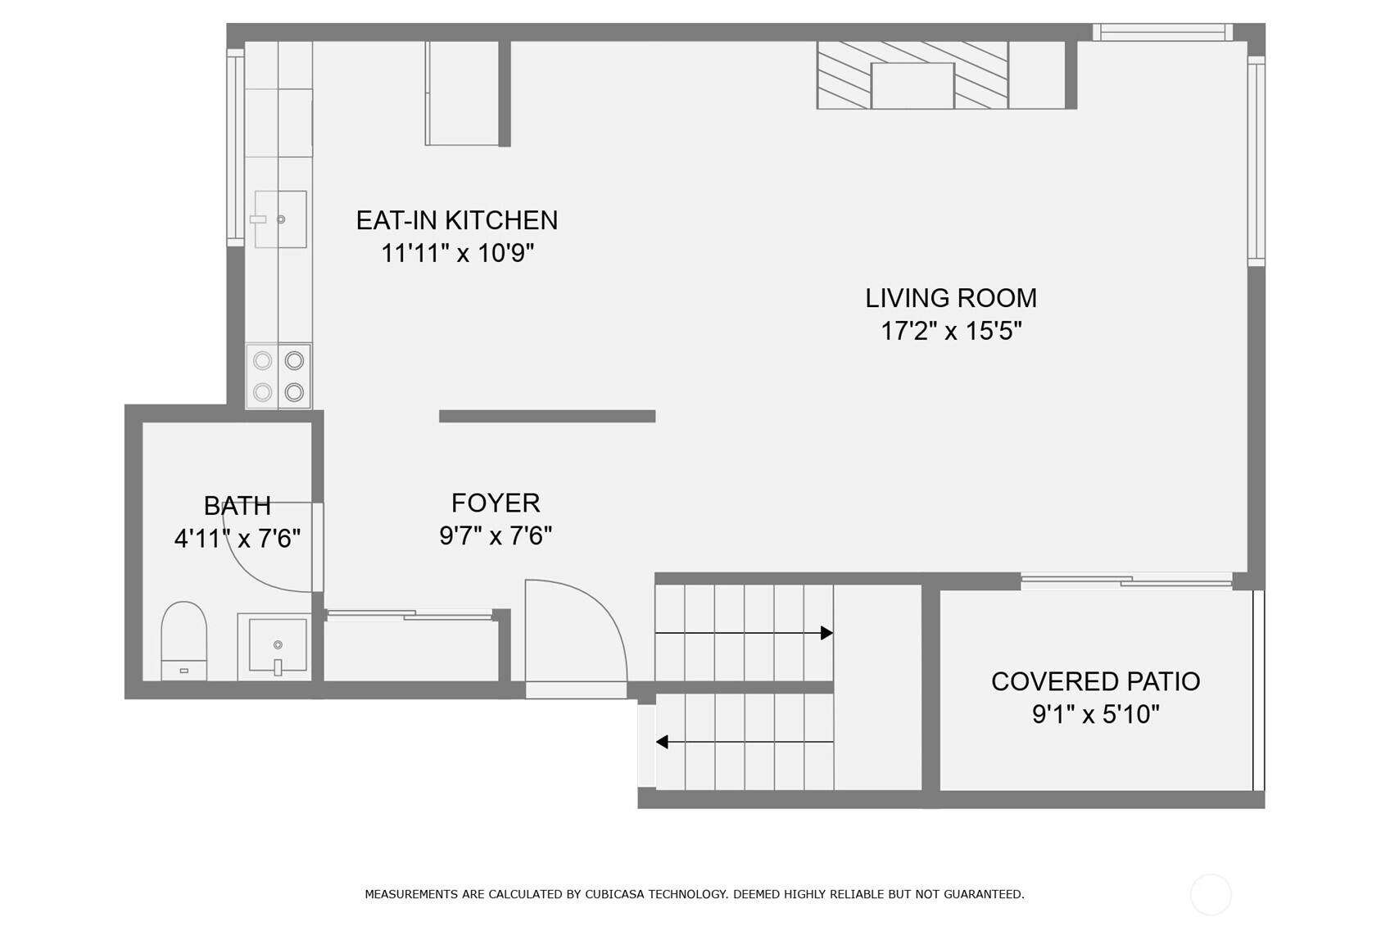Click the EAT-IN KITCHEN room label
[457, 220]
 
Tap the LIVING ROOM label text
[951, 298]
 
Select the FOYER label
[496, 503]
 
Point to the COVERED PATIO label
[1095, 682]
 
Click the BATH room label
[237, 506]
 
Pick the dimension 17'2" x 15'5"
[951, 332]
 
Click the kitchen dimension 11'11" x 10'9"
[457, 253]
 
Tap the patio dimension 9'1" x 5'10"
[1095, 715]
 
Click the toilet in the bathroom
[183, 641]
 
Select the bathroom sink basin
[278, 645]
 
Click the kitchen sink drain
[280, 219]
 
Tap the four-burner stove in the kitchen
[278, 376]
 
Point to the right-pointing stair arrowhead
[826, 633]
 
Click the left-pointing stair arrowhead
[662, 742]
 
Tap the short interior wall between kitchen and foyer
[546, 416]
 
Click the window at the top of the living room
[1163, 32]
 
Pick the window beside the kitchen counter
[235, 147]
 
